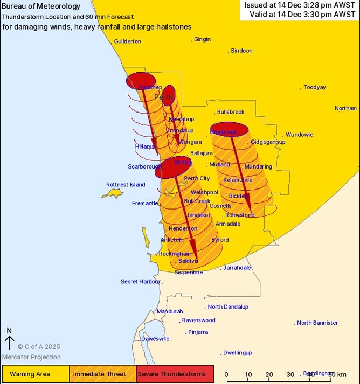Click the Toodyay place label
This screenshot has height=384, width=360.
(x=314, y=87)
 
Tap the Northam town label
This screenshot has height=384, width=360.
(x=345, y=108)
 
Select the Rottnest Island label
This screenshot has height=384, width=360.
(x=126, y=185)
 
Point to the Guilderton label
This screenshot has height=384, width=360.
(x=128, y=41)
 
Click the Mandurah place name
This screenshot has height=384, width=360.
(x=170, y=311)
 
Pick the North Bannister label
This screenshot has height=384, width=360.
(x=317, y=323)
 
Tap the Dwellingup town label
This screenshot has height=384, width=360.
(x=237, y=353)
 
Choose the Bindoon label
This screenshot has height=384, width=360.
(x=241, y=51)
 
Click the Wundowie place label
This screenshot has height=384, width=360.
(x=299, y=135)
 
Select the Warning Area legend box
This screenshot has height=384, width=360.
(x=35, y=374)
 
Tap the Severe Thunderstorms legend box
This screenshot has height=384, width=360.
(x=175, y=374)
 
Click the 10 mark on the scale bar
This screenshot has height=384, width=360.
(x=248, y=374)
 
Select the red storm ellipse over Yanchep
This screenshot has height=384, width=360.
(x=141, y=80)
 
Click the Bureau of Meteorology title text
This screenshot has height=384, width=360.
(x=41, y=6)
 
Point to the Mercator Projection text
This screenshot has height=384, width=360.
(x=31, y=357)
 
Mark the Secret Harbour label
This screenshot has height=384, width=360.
(x=140, y=281)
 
